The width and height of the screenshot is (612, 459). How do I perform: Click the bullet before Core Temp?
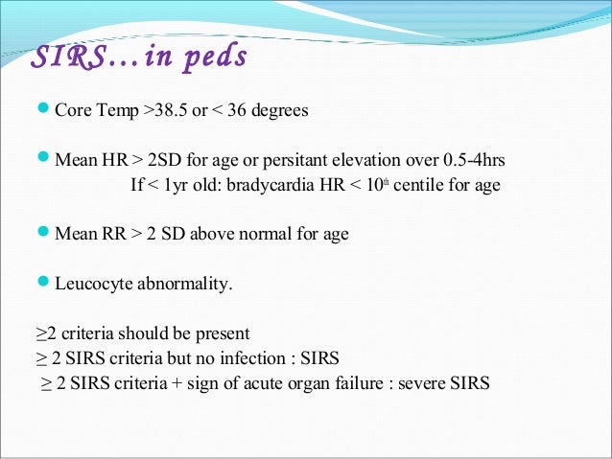[43, 110]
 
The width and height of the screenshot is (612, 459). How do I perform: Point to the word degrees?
[279, 110]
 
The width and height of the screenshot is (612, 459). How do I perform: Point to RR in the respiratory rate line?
[109, 234]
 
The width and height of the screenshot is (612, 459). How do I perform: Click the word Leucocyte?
[89, 284]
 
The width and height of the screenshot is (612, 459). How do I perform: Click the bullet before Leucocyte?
[43, 284]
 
